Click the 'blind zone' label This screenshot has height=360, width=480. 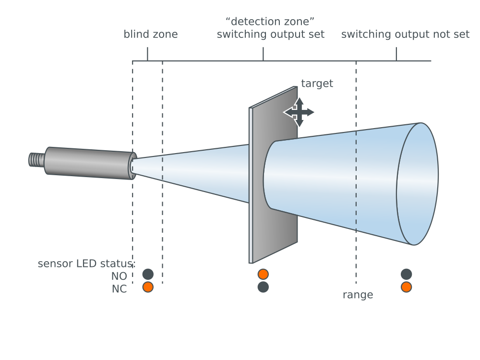click(151, 35)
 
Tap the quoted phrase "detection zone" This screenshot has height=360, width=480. click(270, 22)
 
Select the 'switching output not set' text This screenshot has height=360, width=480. click(405, 35)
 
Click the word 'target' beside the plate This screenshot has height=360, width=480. click(317, 84)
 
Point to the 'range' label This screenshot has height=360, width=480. click(358, 295)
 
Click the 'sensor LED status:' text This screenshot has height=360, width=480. click(86, 264)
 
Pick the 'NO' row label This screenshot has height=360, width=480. click(119, 276)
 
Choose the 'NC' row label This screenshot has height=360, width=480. click(119, 289)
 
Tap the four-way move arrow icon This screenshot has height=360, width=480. click(299, 112)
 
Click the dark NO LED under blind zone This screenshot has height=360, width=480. click(148, 274)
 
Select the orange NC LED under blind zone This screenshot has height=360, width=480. click(148, 287)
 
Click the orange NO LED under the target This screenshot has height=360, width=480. click(263, 274)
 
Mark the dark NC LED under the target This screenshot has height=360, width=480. click(263, 287)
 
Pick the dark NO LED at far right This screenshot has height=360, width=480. click(406, 274)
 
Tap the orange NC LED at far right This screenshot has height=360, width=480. click(406, 287)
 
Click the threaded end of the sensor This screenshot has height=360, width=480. click(36, 159)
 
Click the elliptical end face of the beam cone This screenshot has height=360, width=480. click(417, 184)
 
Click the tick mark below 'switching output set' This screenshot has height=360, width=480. click(263, 54)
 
